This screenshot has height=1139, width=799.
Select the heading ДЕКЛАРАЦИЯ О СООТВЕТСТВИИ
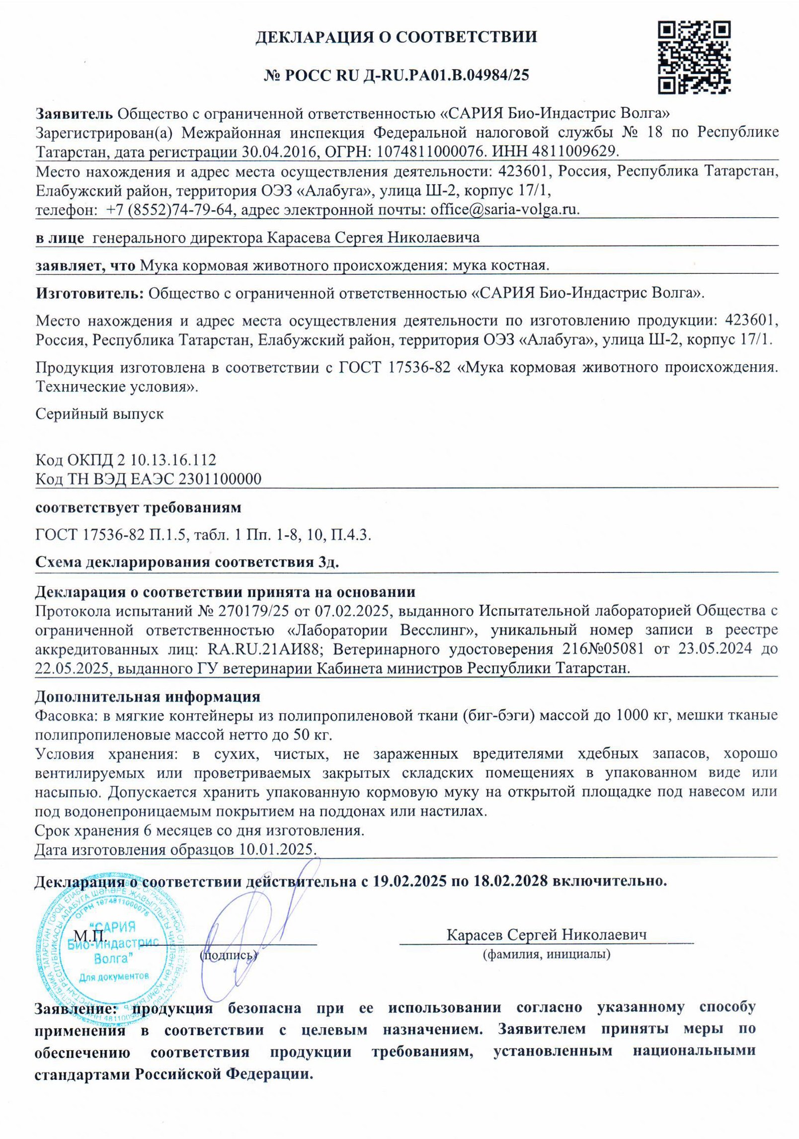pos(396,37)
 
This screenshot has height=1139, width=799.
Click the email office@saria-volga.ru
pos(504,209)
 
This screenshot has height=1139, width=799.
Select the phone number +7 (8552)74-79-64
pos(169,209)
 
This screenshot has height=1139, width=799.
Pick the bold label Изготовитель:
pos(89,293)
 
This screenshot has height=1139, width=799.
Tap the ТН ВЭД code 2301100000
pos(220,479)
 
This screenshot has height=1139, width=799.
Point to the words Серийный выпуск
pos(99,413)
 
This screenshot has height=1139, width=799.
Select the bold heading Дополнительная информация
pos(148,696)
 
